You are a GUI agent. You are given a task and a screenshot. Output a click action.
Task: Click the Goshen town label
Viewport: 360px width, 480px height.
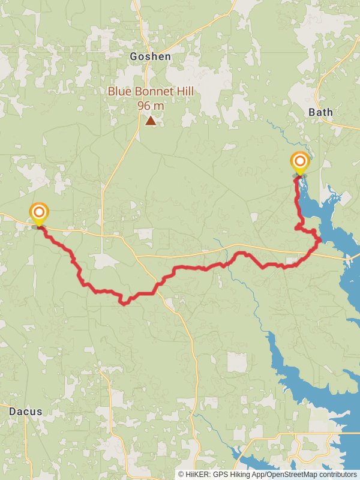[150, 56]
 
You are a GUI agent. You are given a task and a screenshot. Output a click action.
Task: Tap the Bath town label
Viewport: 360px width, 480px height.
[320, 112]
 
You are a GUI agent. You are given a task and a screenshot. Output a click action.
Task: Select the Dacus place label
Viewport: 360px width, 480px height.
[26, 412]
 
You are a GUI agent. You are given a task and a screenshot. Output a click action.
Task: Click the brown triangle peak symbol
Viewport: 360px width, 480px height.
[151, 121]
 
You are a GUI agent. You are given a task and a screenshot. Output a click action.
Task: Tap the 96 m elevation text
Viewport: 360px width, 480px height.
[150, 106]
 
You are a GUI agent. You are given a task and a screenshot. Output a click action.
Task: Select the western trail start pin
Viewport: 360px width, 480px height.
[39, 213]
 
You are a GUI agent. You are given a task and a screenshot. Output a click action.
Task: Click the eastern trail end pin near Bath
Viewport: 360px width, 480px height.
[299, 162]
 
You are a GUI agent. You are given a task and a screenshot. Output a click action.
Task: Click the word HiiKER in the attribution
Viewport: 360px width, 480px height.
[197, 474]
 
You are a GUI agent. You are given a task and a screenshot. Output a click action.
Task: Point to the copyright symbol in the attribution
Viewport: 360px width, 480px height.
[181, 474]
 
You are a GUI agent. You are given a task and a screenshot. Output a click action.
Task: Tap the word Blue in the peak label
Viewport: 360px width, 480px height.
[118, 91]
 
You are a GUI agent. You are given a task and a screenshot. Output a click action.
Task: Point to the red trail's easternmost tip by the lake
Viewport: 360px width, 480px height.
[321, 241]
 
